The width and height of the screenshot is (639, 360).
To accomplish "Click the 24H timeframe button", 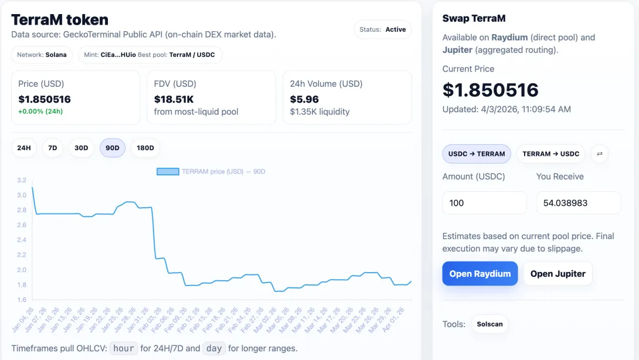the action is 24,148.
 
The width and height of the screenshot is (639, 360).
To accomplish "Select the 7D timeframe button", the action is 53,148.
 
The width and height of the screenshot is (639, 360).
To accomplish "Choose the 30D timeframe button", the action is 81,148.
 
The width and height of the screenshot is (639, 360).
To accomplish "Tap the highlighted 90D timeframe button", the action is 113,148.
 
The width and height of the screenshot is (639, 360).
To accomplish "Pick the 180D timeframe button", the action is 145,148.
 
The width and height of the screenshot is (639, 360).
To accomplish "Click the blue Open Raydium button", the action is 480,274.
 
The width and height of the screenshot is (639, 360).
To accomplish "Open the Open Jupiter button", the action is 558,274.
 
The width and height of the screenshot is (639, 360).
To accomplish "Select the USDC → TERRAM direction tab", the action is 477,154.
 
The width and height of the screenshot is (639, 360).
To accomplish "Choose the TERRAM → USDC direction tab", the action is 551,154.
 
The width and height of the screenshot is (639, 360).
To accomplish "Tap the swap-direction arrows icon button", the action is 600,154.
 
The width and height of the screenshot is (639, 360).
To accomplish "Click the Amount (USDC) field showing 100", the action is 485,203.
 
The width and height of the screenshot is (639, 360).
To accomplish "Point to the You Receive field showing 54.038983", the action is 579,203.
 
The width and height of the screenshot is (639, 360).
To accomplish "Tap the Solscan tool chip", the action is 490,324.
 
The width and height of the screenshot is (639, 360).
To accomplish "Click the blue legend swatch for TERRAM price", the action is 168,172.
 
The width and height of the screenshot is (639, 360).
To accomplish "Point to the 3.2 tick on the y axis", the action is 22,180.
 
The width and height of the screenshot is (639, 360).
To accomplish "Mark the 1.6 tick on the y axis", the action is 22,300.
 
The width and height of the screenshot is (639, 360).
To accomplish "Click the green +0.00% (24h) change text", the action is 40,111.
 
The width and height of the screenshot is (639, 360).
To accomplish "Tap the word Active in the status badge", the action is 396,29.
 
